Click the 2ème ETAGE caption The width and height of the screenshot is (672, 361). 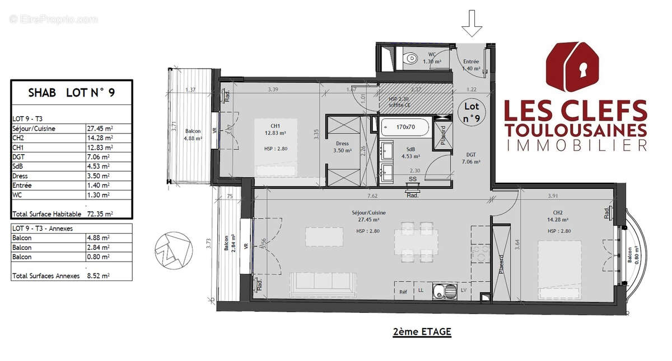(x=422, y=331)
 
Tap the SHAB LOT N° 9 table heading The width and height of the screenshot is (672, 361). (x=71, y=93)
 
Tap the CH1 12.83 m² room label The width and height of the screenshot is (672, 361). (x=276, y=130)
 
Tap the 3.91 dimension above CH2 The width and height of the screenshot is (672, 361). (x=553, y=196)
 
